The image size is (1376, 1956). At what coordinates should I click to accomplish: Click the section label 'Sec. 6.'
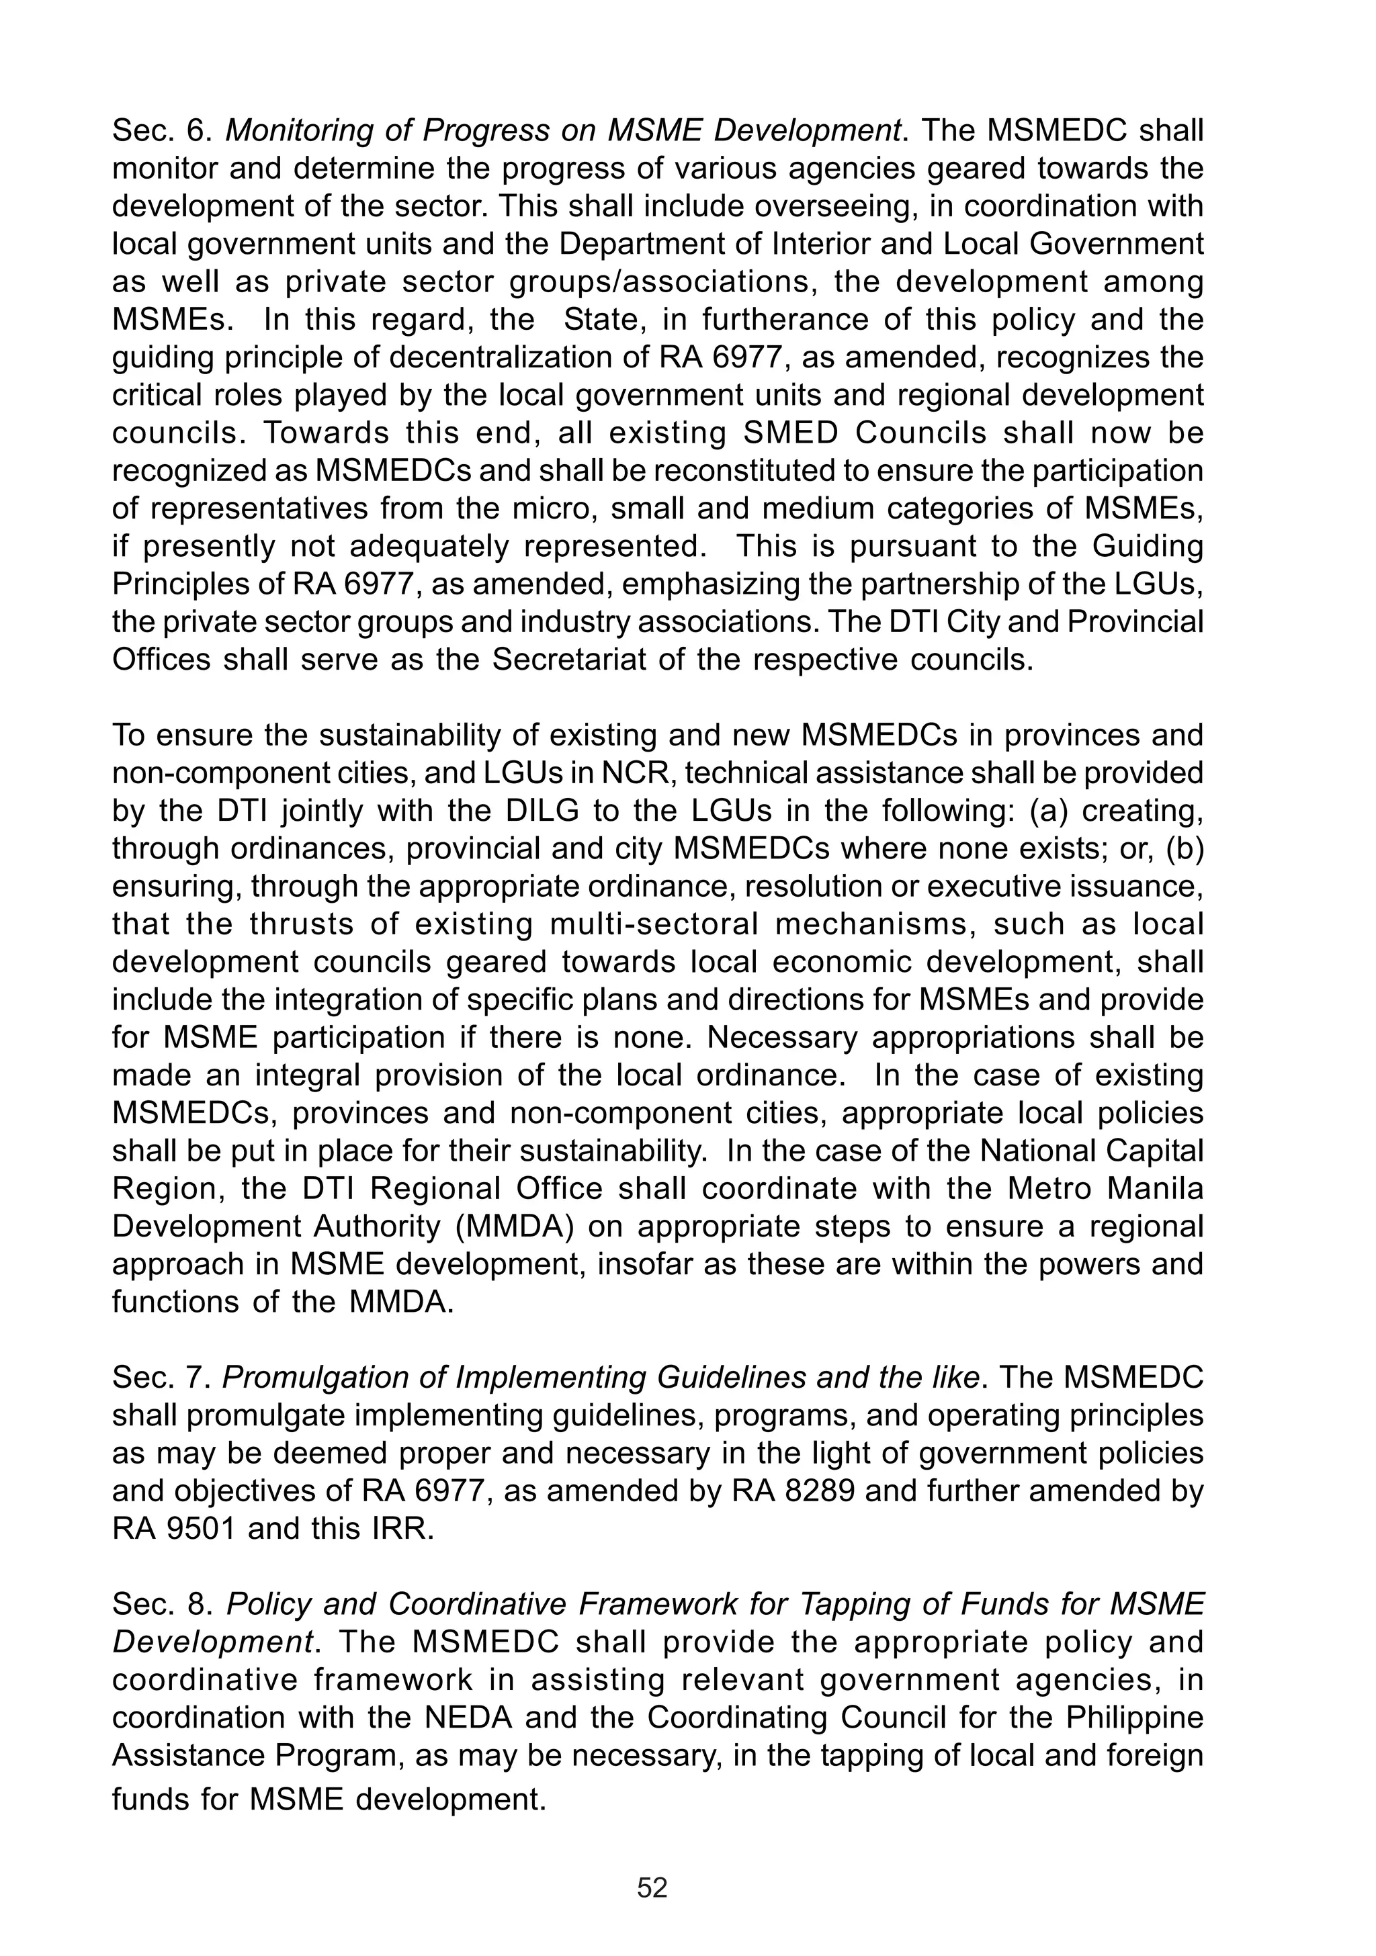pyautogui.click(x=161, y=131)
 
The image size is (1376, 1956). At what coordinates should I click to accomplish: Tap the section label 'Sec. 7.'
pyautogui.click(x=161, y=1378)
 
